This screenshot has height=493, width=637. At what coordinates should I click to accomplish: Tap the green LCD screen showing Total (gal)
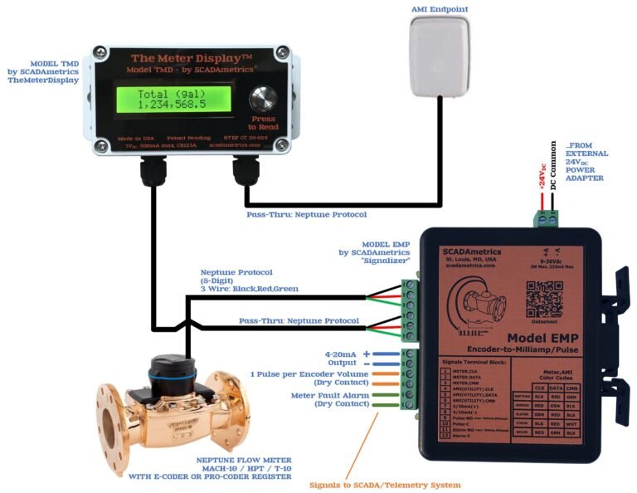[175, 100]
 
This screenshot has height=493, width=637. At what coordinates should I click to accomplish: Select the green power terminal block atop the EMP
[547, 218]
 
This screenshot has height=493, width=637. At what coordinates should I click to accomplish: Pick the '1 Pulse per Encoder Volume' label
[313, 375]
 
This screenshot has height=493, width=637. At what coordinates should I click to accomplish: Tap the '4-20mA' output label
[343, 354]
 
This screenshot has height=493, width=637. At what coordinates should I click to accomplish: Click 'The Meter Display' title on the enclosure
[191, 58]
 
